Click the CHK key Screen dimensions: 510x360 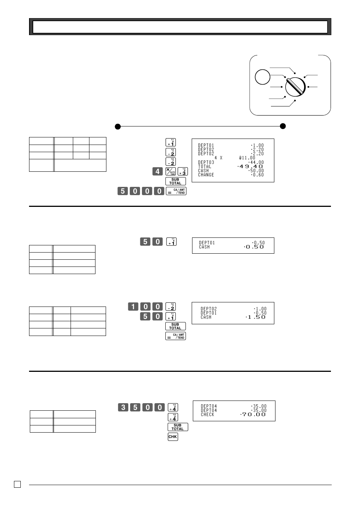pos(172,437)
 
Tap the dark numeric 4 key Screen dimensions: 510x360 pos(157,171)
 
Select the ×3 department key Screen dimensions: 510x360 pos(182,171)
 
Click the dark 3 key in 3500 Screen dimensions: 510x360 pos(123,407)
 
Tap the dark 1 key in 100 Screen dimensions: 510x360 pos(133,307)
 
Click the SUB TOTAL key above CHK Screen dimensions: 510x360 pos(177,427)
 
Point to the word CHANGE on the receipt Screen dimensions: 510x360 pos(206,175)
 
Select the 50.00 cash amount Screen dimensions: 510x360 pos(257,171)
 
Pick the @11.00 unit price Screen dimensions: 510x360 pos(247,158)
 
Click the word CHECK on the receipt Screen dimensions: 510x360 pos(208,414)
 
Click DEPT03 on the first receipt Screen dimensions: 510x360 pos(206,162)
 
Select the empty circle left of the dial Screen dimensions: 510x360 pos(262,77)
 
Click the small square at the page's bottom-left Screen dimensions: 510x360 pos(17,484)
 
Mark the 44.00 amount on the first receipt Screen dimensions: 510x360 pos(257,162)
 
